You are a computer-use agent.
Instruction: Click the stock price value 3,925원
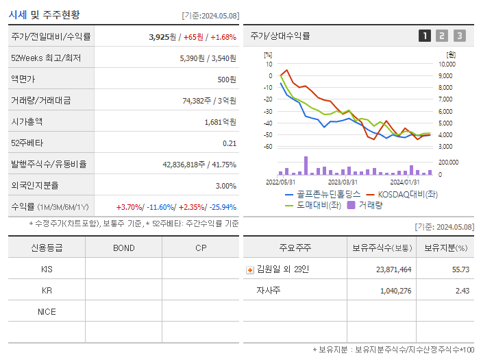pyautogui.click(x=162, y=37)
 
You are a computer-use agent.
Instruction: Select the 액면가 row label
pyautogui.click(x=23, y=80)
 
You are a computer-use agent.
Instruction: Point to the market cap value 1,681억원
pyautogui.click(x=220, y=122)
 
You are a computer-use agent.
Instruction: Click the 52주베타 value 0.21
pyautogui.click(x=230, y=143)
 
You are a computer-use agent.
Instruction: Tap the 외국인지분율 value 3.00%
pyautogui.click(x=225, y=186)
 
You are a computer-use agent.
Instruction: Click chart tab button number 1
pyautogui.click(x=425, y=36)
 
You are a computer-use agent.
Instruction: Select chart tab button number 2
pyautogui.click(x=442, y=36)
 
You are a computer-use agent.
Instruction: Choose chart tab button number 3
pyautogui.click(x=459, y=36)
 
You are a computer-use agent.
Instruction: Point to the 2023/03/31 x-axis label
pyautogui.click(x=343, y=182)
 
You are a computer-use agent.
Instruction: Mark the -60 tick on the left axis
pyautogui.click(x=268, y=147)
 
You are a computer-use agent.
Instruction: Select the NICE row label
pyautogui.click(x=47, y=312)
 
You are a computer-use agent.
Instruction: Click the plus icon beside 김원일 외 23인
pyautogui.click(x=249, y=270)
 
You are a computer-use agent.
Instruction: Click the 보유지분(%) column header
pyautogui.click(x=445, y=248)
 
